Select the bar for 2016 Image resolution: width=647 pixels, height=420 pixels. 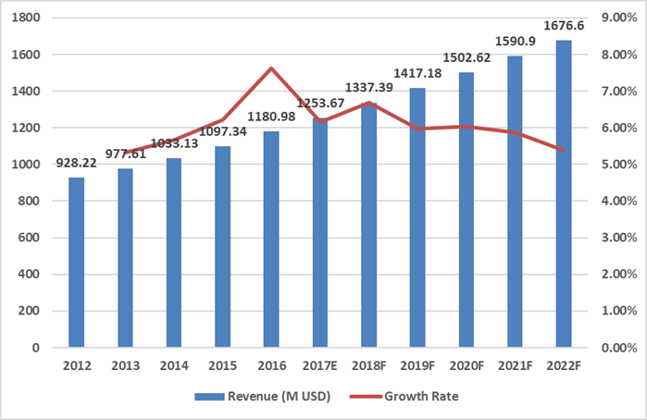click(x=272, y=240)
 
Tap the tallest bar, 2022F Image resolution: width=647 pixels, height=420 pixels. click(x=564, y=194)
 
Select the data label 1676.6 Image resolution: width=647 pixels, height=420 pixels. click(x=564, y=22)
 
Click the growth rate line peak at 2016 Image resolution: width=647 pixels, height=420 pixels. click(x=272, y=68)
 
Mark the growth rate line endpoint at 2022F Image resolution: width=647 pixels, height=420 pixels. click(x=564, y=150)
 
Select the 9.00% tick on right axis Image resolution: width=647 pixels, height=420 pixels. click(x=618, y=18)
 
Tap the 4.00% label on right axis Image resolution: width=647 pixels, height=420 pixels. click(x=618, y=201)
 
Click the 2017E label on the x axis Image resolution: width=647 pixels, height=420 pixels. click(x=320, y=366)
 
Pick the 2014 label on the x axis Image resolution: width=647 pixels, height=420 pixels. click(x=173, y=366)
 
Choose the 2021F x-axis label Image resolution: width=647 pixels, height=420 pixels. click(x=516, y=366)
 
